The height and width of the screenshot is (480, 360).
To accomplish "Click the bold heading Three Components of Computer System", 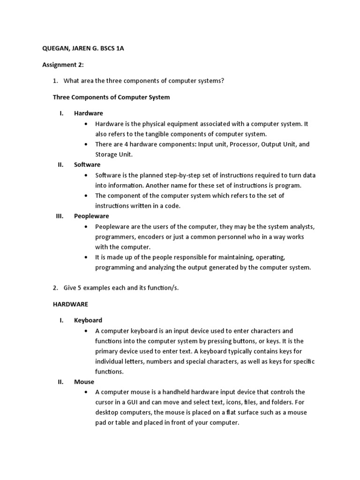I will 111,97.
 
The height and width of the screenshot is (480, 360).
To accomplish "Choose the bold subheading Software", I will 87,165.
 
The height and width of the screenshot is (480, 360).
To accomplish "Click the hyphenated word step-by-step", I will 169,175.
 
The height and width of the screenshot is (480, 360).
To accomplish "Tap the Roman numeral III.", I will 60,216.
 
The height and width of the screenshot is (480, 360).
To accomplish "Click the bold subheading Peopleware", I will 91,216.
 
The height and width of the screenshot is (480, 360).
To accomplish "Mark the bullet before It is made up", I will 86,257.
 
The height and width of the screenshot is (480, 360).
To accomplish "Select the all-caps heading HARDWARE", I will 70,304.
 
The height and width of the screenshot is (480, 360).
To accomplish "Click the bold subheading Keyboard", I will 88,320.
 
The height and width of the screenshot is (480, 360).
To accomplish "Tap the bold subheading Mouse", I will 84,382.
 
